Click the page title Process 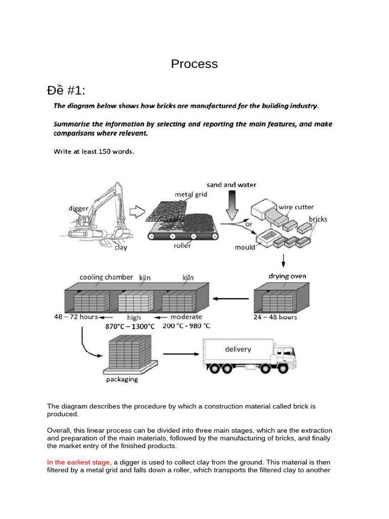click(194, 64)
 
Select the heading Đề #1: click(66, 91)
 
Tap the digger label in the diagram click(79, 208)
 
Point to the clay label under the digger click(121, 247)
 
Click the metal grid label click(191, 194)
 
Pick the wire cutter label click(296, 207)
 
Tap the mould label click(245, 247)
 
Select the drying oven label click(287, 276)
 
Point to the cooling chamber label click(106, 277)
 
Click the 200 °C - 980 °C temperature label click(186, 326)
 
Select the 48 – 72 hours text click(76, 317)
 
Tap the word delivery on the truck click(238, 349)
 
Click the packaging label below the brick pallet click(122, 379)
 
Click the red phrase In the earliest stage click(78, 462)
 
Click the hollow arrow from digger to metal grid click(137, 212)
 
